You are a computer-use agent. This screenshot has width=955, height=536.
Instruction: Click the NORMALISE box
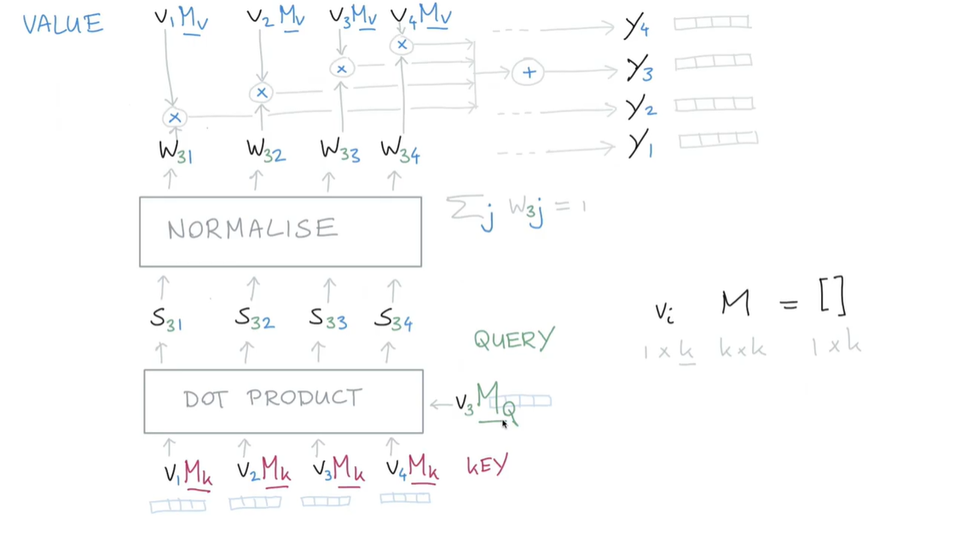[280, 231]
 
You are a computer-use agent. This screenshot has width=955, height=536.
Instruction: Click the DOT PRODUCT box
[283, 401]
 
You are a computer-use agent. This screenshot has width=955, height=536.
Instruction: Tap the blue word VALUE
[62, 24]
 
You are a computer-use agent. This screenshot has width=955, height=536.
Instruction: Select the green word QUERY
[514, 340]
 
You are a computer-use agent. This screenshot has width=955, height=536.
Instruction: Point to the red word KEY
[487, 465]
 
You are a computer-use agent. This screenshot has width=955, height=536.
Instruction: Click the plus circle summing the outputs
[529, 72]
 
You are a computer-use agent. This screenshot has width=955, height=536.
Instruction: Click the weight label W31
[176, 152]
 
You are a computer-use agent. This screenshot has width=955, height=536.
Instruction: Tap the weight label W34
[400, 151]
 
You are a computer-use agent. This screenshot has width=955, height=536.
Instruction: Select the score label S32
[254, 320]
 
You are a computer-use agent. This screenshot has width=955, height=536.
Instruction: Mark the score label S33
[328, 320]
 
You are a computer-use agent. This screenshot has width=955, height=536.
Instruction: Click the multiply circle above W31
[175, 118]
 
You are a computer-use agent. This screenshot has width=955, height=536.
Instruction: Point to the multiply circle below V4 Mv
[402, 45]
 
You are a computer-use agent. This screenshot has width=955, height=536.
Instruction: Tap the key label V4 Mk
[412, 469]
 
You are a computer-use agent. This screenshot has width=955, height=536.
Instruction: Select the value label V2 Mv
[275, 17]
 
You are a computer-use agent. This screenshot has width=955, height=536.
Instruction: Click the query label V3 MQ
[486, 401]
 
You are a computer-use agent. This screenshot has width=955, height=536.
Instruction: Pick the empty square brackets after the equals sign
[831, 297]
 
